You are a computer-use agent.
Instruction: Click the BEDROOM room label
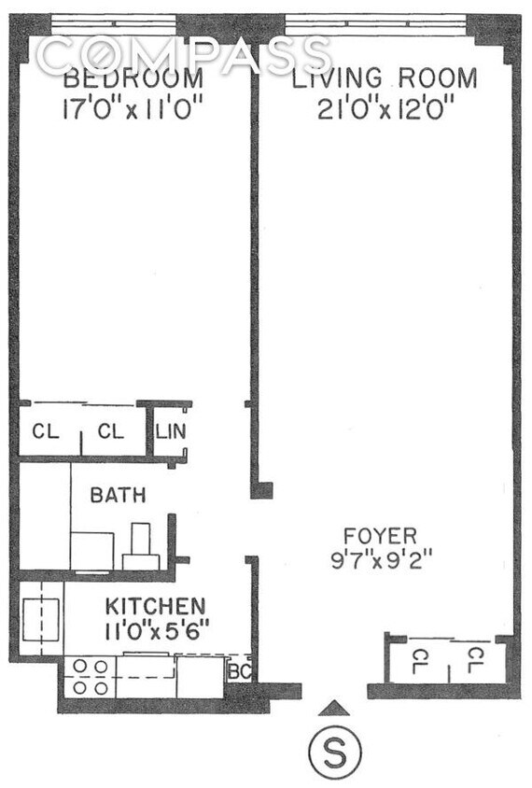pyautogui.click(x=132, y=78)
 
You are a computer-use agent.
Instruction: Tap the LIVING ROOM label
pyautogui.click(x=385, y=78)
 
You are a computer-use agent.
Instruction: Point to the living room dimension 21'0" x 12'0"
pyautogui.click(x=385, y=109)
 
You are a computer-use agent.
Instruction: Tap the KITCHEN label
pyautogui.click(x=154, y=604)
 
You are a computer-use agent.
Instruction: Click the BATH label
pyautogui.click(x=118, y=495)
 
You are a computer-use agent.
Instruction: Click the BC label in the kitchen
pyautogui.click(x=237, y=671)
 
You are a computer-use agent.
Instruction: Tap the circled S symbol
pyautogui.click(x=334, y=753)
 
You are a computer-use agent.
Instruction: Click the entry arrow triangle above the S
pyautogui.click(x=339, y=709)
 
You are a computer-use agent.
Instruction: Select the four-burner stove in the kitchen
pyautogui.click(x=89, y=677)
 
